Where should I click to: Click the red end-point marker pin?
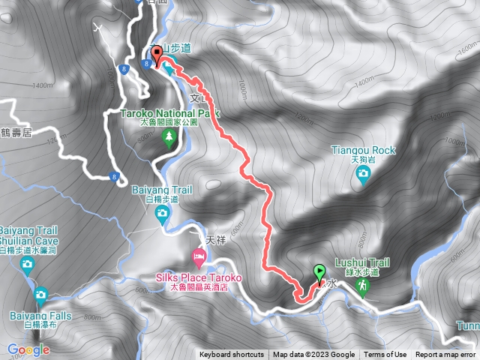(157, 57)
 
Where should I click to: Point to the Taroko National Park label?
(169, 113)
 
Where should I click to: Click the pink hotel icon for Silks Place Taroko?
(199, 258)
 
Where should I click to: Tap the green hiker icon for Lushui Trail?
(362, 286)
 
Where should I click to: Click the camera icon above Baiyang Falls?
(40, 295)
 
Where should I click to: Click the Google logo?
(28, 349)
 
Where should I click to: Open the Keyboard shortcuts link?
(231, 355)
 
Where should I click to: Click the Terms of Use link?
(385, 355)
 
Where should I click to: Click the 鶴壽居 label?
(16, 133)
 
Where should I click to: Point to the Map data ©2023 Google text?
(313, 355)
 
